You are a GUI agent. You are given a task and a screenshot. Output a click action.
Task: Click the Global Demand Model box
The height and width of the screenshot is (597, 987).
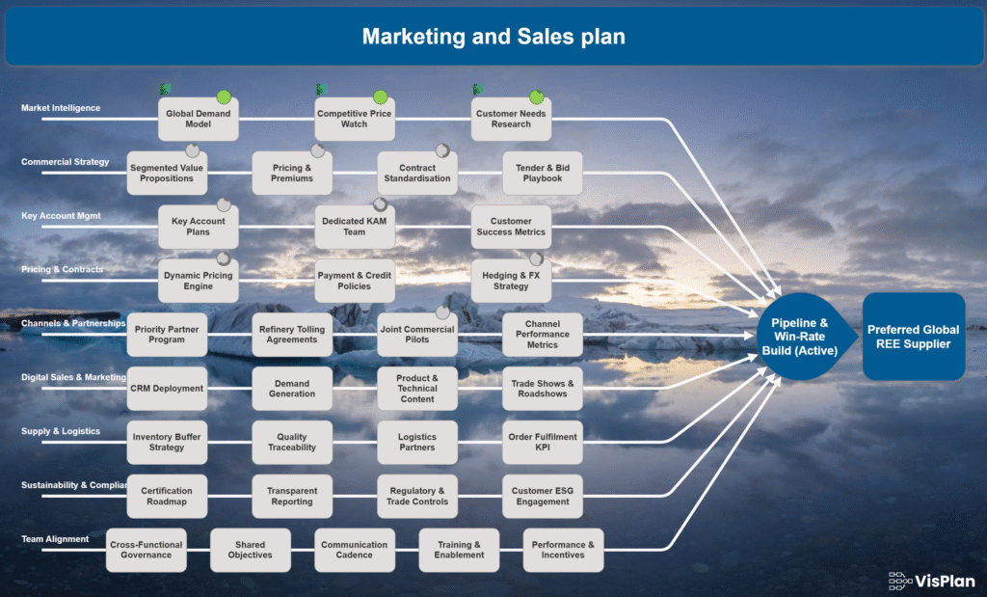(200, 119)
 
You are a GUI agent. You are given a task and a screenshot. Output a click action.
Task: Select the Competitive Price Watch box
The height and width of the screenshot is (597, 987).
(354, 119)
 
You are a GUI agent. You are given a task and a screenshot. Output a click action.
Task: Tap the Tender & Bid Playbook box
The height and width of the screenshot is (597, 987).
(543, 173)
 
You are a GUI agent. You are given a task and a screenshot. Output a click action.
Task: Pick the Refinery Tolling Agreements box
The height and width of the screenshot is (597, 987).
(292, 334)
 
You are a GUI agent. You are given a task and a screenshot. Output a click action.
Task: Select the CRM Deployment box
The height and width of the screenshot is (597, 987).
(167, 389)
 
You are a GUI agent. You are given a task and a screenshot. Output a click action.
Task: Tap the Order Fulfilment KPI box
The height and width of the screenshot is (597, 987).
(543, 442)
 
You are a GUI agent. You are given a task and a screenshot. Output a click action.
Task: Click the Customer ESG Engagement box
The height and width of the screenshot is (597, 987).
(543, 496)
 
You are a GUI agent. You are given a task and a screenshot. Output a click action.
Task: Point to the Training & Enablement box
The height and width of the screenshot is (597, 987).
(459, 550)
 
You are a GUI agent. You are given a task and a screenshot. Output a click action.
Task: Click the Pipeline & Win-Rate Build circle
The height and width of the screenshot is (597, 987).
(799, 336)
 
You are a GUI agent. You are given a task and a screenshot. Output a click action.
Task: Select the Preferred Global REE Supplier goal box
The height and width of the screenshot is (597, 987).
(913, 336)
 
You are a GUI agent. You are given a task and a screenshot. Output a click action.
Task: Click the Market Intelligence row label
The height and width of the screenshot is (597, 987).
(61, 108)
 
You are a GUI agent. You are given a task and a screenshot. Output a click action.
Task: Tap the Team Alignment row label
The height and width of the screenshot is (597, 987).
(55, 539)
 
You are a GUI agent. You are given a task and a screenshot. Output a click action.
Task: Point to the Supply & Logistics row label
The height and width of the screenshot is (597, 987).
(61, 431)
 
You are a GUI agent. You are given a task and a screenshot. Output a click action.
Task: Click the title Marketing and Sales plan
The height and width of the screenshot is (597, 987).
(493, 37)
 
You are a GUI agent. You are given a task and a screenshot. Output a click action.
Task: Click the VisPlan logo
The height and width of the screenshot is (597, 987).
(932, 580)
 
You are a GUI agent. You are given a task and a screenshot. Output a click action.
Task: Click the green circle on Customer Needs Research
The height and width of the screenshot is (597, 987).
(537, 96)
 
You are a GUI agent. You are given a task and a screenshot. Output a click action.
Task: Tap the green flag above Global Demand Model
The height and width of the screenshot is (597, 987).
(166, 90)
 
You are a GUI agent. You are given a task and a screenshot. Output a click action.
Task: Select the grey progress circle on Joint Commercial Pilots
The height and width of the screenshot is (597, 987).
(442, 312)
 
